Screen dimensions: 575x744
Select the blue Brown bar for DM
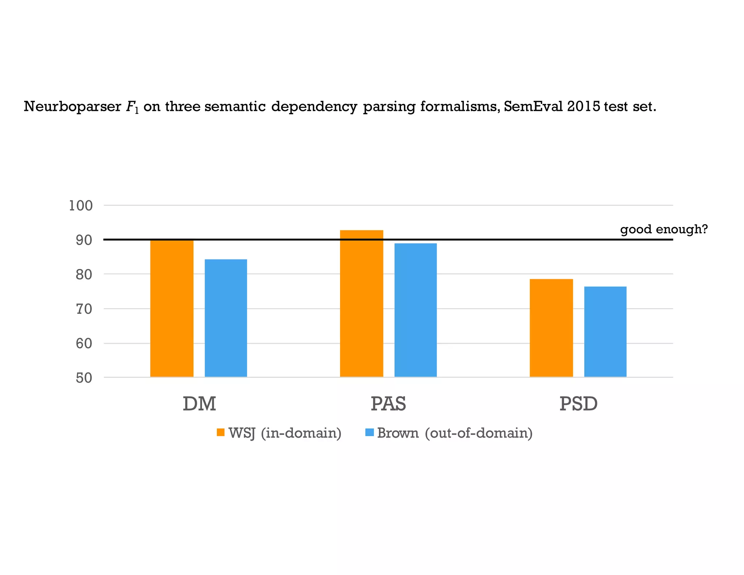pyautogui.click(x=226, y=318)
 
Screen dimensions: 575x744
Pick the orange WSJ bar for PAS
pyautogui.click(x=361, y=303)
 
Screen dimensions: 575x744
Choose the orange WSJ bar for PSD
pyautogui.click(x=551, y=328)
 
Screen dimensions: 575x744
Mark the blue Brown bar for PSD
pyautogui.click(x=605, y=331)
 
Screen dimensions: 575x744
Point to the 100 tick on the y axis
pyautogui.click(x=81, y=206)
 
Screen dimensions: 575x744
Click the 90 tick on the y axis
pyautogui.click(x=84, y=240)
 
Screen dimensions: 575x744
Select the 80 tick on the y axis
pyautogui.click(x=84, y=274)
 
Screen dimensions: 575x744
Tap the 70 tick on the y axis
pyautogui.click(x=84, y=309)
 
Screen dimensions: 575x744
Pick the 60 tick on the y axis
pyautogui.click(x=84, y=343)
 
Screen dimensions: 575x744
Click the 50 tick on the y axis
pyautogui.click(x=84, y=378)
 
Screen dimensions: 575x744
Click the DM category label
pyautogui.click(x=199, y=404)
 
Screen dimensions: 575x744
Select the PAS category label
pyautogui.click(x=388, y=404)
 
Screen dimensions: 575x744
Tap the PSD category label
pyautogui.click(x=578, y=404)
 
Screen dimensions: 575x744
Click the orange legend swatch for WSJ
pyautogui.click(x=221, y=432)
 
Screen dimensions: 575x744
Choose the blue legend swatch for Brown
pyautogui.click(x=369, y=432)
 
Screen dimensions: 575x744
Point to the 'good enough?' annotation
pyautogui.click(x=664, y=229)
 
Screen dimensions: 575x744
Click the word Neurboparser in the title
pyautogui.click(x=72, y=106)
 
